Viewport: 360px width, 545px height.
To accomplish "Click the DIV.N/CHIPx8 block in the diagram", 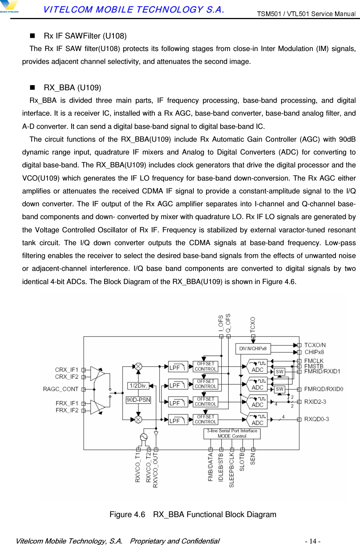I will tap(253, 348).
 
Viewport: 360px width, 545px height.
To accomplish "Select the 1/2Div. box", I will tap(138, 385).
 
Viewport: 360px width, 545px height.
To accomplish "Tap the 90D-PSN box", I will tap(138, 400).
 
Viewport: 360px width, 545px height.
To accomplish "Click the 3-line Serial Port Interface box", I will tap(232, 433).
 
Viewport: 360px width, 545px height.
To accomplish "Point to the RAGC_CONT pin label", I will tap(61, 389).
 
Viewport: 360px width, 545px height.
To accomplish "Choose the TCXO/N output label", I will tap(315, 345).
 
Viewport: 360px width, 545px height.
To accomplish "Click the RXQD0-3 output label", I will tap(316, 419).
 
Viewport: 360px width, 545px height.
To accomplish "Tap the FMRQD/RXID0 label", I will tap(323, 389).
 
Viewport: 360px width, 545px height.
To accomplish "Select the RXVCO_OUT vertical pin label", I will tap(156, 470).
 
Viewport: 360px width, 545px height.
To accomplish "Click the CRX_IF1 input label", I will tap(67, 370).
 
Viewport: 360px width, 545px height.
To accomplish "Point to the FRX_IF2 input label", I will tap(67, 410).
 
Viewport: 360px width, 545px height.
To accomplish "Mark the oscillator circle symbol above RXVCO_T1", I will tap(143, 437).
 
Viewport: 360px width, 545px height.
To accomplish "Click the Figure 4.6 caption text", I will tap(193, 515).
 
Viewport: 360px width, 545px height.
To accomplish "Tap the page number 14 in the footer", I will tap(313, 541).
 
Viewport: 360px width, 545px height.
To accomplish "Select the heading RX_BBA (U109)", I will tap(72, 88).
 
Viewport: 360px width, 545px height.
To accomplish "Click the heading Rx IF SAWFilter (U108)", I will tap(85, 36).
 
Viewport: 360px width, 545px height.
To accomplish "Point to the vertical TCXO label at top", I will tap(253, 324).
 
